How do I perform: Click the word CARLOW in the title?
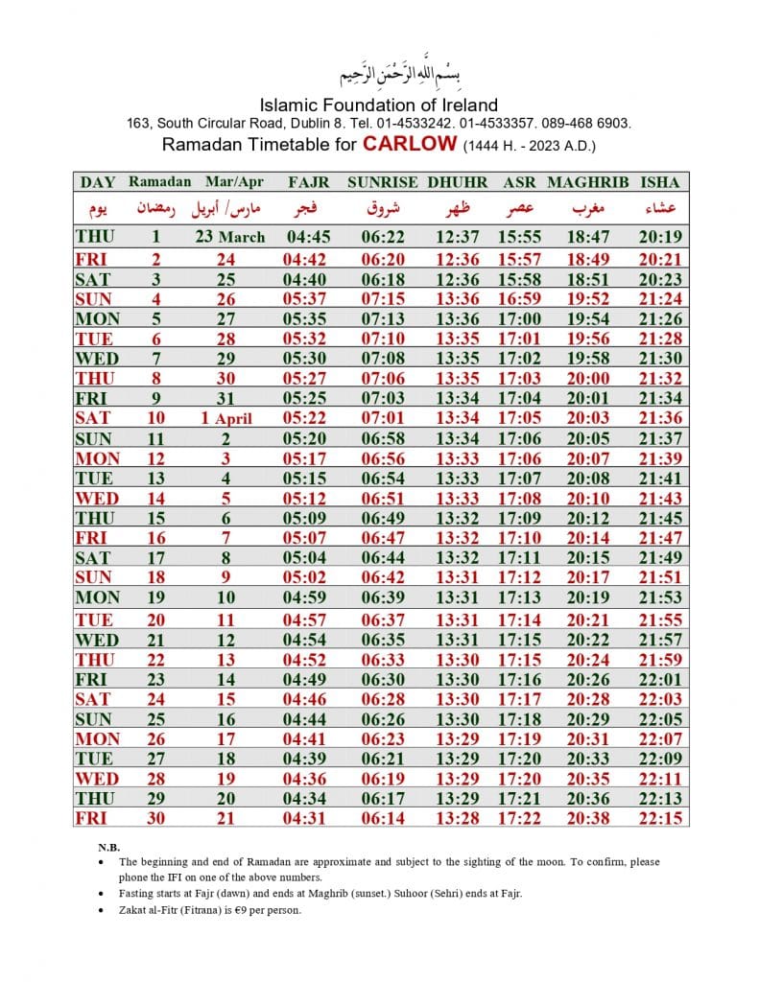click(409, 145)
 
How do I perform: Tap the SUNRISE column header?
click(382, 181)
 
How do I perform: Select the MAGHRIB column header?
click(587, 181)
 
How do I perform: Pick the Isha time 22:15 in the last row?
click(660, 818)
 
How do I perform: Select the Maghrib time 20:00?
click(587, 378)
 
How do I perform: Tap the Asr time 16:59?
click(520, 298)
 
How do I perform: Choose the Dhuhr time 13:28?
click(457, 818)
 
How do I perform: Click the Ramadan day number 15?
click(155, 518)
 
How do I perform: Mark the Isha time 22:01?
click(660, 678)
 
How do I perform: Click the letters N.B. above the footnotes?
click(108, 848)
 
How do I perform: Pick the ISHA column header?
click(660, 181)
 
